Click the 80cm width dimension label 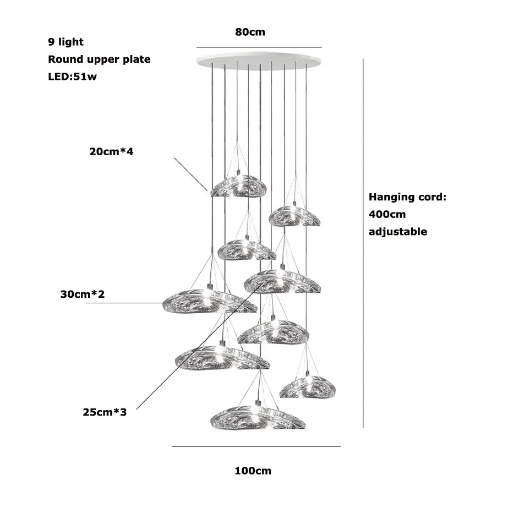click(250, 32)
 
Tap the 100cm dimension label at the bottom click(253, 471)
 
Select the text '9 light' click(66, 42)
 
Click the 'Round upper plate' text click(99, 59)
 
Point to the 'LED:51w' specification click(72, 77)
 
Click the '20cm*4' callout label click(111, 151)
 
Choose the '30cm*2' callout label click(82, 294)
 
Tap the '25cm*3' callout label click(104, 411)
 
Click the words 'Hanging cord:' click(407, 197)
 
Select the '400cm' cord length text click(387, 214)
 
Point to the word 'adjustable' click(397, 232)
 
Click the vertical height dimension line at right click(363, 242)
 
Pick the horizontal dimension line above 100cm click(256, 446)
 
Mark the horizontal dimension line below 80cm click(259, 47)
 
